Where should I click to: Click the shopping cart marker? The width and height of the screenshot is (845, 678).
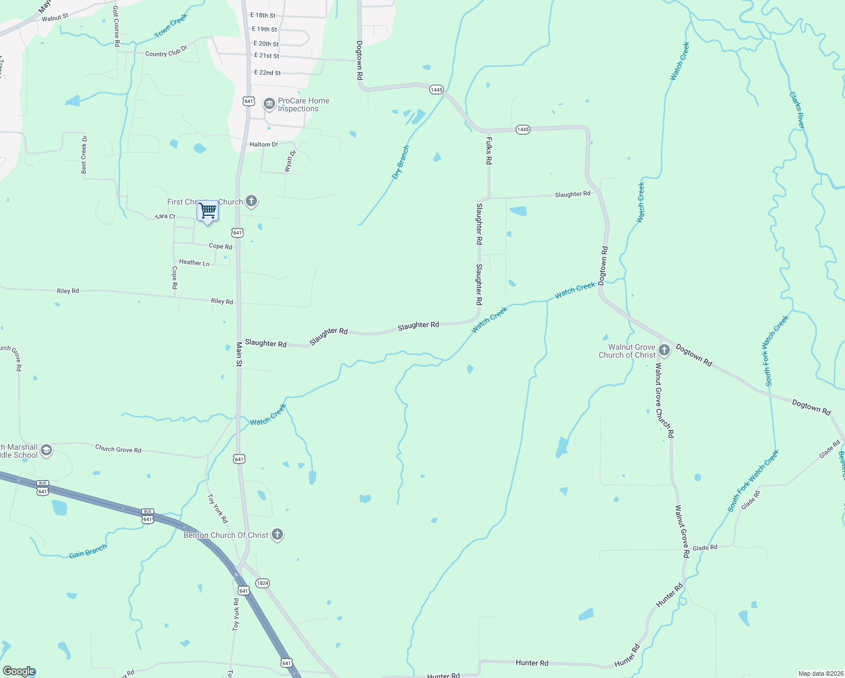pos(207,211)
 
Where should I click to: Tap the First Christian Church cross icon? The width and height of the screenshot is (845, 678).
pos(251,201)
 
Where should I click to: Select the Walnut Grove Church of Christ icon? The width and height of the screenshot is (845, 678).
pos(664,350)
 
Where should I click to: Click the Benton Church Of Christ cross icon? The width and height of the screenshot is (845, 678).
pos(277,534)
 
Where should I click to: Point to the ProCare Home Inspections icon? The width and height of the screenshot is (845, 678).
pos(269,103)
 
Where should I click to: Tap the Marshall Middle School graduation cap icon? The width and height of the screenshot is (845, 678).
pos(46,450)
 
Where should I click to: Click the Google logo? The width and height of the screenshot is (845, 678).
pos(19,671)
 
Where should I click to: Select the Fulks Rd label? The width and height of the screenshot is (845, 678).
pos(489,150)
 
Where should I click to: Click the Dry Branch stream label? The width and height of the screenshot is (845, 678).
pos(400,163)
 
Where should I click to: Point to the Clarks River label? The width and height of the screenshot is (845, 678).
pos(797,110)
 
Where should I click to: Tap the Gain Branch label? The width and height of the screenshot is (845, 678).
pos(88,551)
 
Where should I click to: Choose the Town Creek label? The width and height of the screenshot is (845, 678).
pos(171,26)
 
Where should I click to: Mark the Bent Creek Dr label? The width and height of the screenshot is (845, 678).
pos(84,154)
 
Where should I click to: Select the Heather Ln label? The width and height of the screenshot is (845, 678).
pos(194,263)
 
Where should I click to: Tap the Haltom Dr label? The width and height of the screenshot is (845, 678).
pos(264,145)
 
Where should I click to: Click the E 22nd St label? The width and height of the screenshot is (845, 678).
pos(267,73)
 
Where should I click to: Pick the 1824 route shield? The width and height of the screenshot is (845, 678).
pos(262,583)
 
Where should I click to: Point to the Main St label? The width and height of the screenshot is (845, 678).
pos(239,354)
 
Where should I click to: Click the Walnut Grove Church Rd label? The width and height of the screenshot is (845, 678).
pos(664,401)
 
